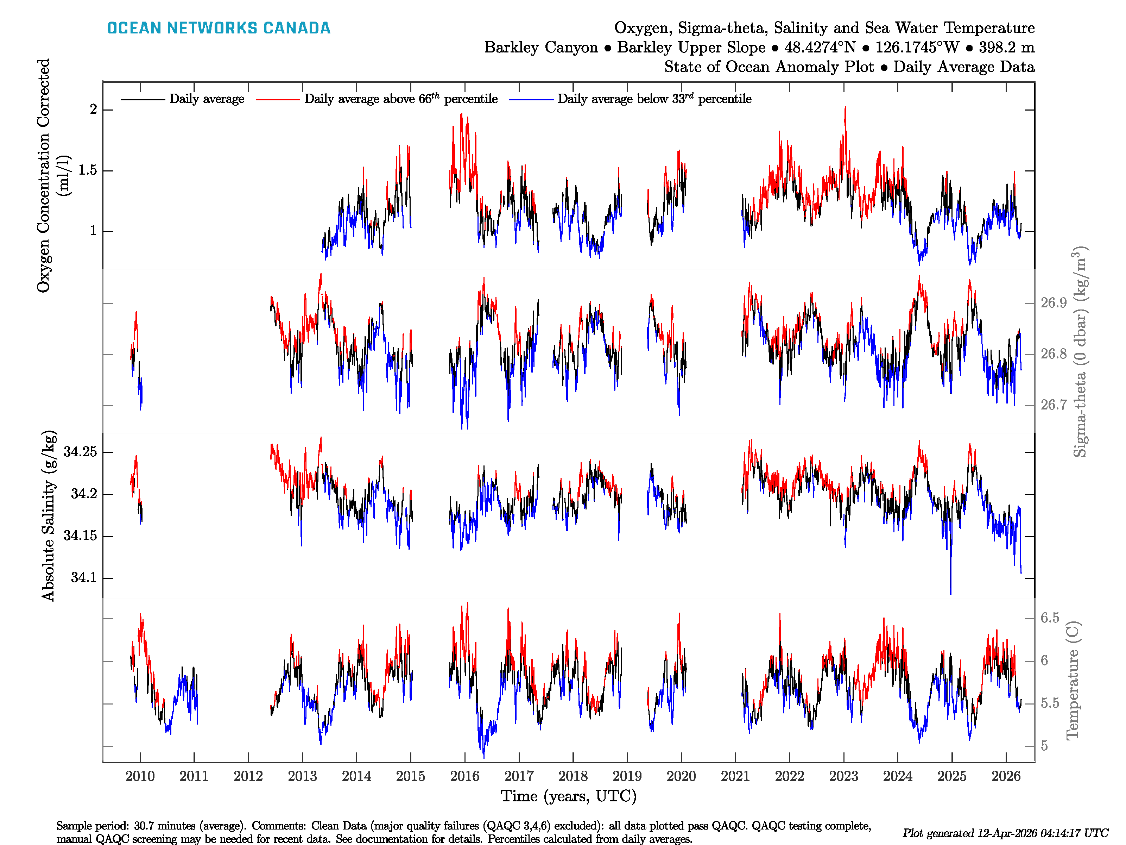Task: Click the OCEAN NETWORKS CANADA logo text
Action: click(219, 28)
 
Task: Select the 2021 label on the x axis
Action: click(735, 776)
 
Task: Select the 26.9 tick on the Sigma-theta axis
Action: click(1053, 303)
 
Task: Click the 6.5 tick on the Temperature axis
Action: click(1050, 618)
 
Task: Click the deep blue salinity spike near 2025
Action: click(950, 581)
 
